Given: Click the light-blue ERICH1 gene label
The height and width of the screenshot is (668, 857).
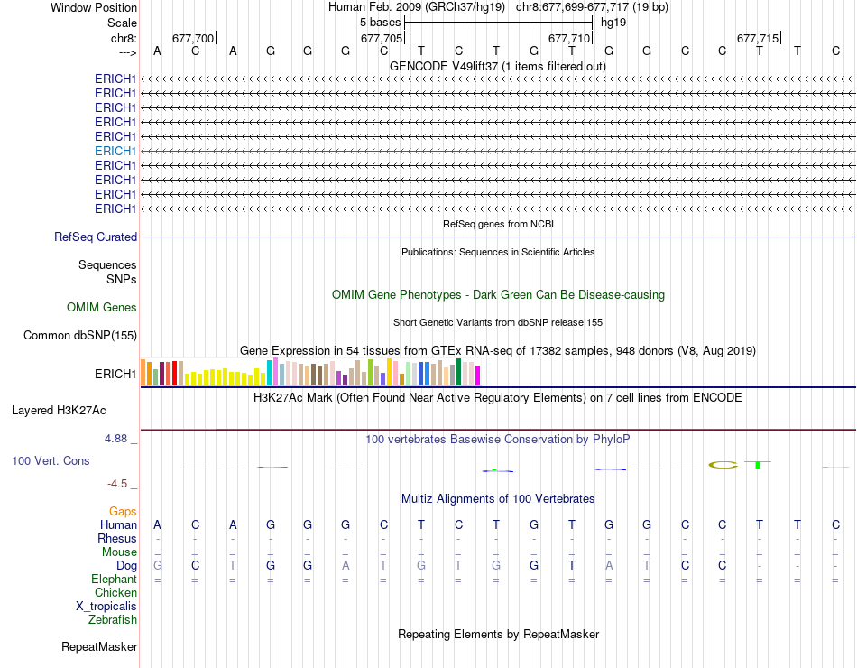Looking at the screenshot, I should point(115,151).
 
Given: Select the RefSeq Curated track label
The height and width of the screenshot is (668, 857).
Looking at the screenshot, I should point(96,237).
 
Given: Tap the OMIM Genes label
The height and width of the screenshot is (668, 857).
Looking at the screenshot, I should point(102,308).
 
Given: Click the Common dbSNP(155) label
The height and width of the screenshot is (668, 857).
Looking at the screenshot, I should point(80,336).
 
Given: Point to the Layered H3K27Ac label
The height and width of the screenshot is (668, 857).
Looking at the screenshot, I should point(59,410).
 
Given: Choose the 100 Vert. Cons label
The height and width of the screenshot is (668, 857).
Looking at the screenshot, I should point(51,460).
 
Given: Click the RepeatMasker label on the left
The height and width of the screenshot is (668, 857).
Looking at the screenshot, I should point(99,646).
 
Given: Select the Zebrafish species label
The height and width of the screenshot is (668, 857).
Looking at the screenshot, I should point(113,620).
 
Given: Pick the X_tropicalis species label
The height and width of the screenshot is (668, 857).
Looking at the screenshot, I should point(106,607).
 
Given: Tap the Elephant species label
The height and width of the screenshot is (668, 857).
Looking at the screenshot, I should point(114,580).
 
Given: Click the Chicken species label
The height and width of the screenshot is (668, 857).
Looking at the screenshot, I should point(115,593).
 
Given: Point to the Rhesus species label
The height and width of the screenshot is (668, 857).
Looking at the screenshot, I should point(117,539).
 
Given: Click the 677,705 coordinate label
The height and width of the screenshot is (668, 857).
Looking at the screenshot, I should point(381,38).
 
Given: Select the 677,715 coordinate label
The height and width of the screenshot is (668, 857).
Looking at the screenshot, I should point(757,38).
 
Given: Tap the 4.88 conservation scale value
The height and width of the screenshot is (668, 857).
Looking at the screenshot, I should point(121,439).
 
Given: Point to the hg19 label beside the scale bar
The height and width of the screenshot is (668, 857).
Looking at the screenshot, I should point(613,22).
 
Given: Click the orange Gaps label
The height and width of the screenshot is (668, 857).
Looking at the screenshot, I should point(123,512).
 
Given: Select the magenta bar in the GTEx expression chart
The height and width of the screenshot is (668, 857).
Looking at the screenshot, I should point(478,375).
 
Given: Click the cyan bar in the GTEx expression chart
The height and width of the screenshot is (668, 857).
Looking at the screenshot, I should point(270,372).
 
